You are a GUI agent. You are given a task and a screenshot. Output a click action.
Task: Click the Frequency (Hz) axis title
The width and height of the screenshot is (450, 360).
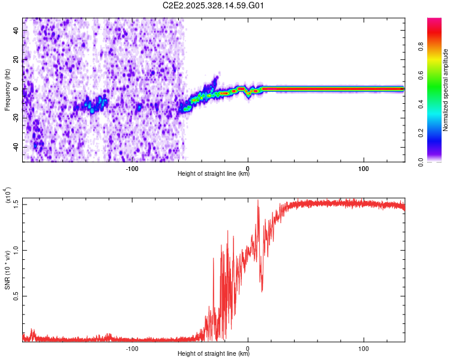point(7,90)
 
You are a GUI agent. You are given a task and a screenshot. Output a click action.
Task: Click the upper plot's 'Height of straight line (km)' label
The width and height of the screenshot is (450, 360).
point(214,173)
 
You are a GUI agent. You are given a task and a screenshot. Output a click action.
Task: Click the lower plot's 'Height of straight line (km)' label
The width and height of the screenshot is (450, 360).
point(214,353)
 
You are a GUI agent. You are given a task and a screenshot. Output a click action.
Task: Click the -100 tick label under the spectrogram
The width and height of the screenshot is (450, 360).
point(133,167)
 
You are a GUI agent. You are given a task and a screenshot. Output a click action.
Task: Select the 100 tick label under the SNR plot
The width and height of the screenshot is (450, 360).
point(364,347)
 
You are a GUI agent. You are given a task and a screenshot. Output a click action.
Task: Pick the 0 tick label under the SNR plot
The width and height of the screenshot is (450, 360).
point(248,347)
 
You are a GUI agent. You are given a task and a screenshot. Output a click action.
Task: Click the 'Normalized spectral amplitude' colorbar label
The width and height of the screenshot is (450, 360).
point(446,90)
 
